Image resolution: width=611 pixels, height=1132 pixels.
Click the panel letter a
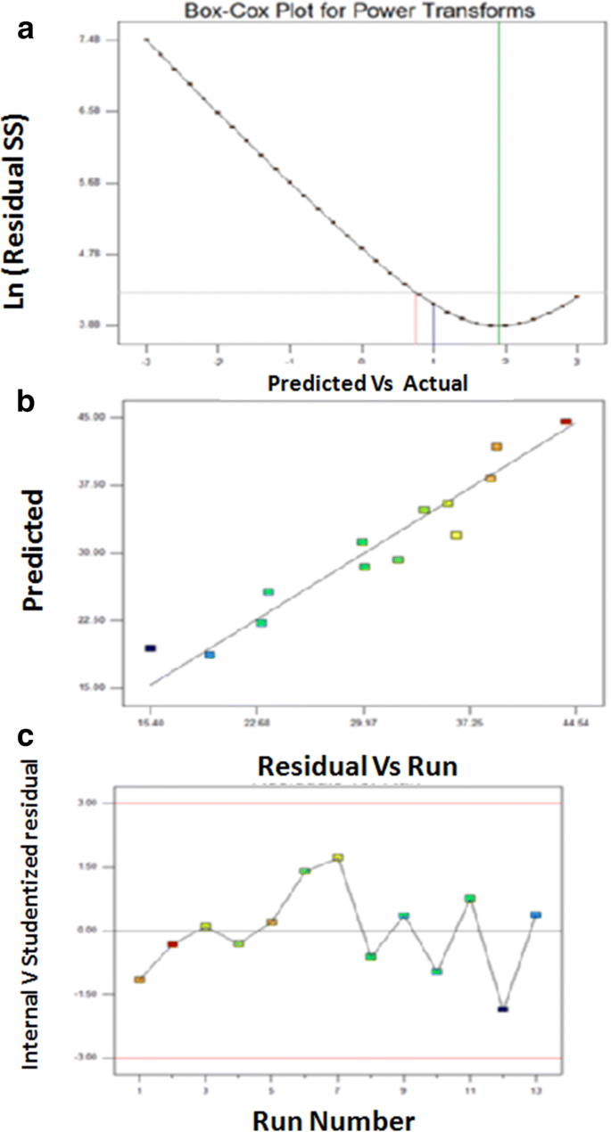[x=28, y=28]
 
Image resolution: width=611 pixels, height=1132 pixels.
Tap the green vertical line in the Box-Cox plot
[x=499, y=178]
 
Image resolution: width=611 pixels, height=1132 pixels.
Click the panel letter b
[x=28, y=402]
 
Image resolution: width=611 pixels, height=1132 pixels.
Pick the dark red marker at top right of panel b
[x=566, y=422]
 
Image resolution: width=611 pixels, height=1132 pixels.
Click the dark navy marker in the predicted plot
[x=151, y=648]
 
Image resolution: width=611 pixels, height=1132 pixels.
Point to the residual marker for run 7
[x=338, y=857]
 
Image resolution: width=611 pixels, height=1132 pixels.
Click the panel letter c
[x=28, y=736]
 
